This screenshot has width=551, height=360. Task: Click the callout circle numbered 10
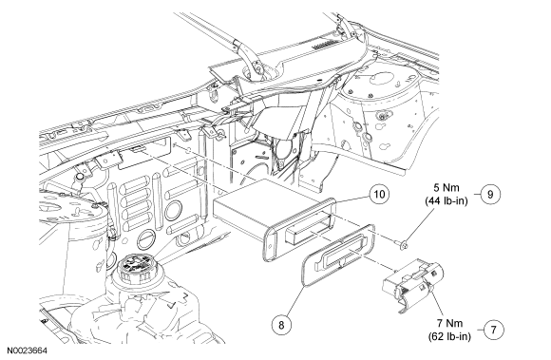click(x=379, y=194)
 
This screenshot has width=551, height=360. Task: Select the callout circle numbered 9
click(x=490, y=194)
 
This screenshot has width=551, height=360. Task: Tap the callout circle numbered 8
click(x=281, y=325)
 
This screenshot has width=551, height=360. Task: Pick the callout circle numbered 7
click(x=494, y=330)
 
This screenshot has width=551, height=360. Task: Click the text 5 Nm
click(x=446, y=187)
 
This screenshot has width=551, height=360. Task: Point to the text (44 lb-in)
click(x=446, y=201)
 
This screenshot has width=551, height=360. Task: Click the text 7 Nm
click(x=449, y=323)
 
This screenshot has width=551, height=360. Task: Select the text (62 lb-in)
click(x=449, y=336)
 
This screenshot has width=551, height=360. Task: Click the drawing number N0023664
click(x=27, y=351)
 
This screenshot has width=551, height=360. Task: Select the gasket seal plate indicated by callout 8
click(x=337, y=256)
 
